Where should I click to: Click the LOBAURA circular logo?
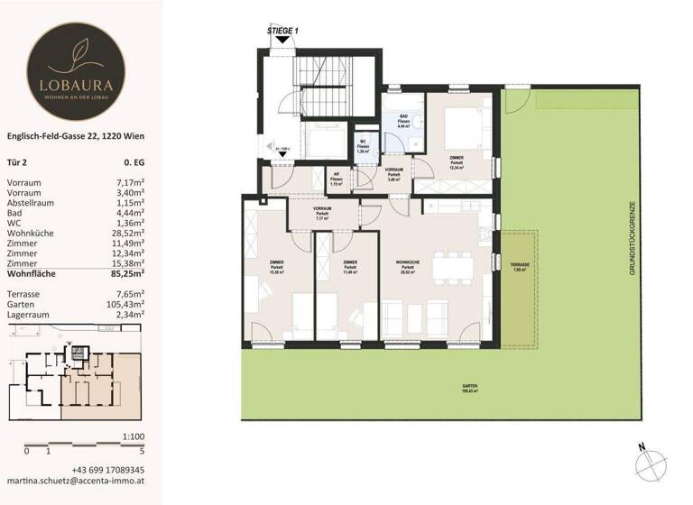[x=77, y=64]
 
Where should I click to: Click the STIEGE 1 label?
[x=282, y=31]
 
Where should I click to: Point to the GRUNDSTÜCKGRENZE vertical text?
[x=634, y=238]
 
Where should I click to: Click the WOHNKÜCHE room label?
[x=409, y=264]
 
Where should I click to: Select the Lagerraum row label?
[x=29, y=314]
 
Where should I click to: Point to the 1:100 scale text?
[x=132, y=436]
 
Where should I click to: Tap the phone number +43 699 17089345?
[x=107, y=471]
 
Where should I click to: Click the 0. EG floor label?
[x=135, y=163]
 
